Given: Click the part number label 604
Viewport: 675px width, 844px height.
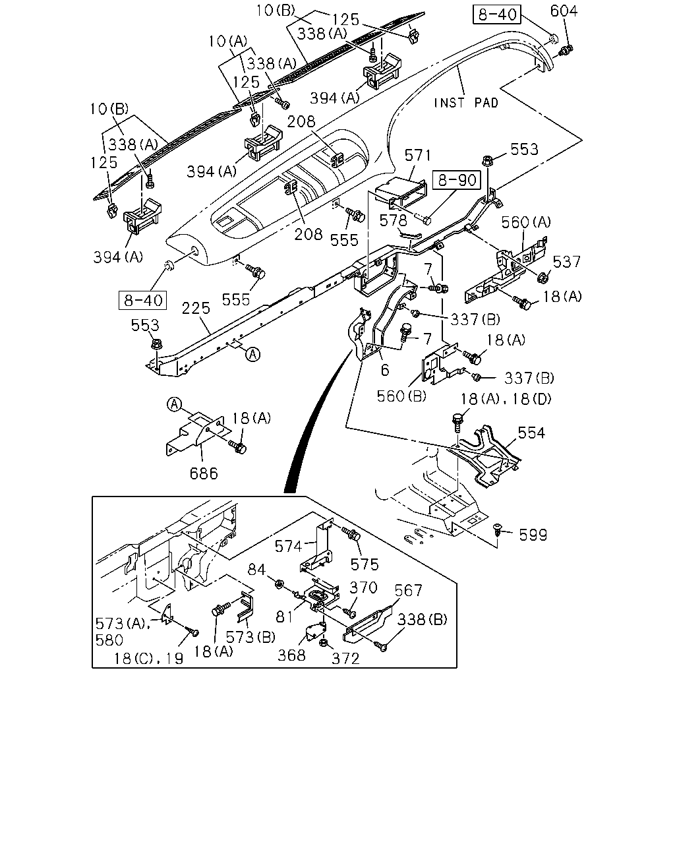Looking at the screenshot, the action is (x=564, y=11).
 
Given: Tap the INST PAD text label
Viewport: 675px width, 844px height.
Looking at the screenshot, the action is (x=465, y=103).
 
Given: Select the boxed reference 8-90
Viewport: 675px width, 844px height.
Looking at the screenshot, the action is (x=457, y=180).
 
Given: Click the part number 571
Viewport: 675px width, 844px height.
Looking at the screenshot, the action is (x=418, y=156).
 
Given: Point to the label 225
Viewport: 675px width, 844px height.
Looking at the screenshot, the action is (x=196, y=308).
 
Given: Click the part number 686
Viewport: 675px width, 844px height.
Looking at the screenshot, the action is (x=204, y=473).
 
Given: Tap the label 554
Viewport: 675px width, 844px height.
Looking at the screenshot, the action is (x=531, y=433).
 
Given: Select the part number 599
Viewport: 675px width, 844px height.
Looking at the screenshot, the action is (x=533, y=535).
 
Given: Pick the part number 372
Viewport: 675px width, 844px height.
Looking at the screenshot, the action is (x=345, y=659).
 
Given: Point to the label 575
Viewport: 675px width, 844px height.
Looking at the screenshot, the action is (x=365, y=564).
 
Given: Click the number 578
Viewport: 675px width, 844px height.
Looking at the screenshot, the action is (x=393, y=221).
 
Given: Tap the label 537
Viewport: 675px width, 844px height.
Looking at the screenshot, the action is (x=566, y=262).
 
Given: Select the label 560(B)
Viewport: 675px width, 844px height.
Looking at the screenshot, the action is (x=401, y=396).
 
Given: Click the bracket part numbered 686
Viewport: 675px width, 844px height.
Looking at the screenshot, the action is (x=195, y=434).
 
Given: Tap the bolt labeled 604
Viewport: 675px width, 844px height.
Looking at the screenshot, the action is (x=566, y=50).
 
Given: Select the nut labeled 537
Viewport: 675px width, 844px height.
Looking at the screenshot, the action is (x=543, y=278).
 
